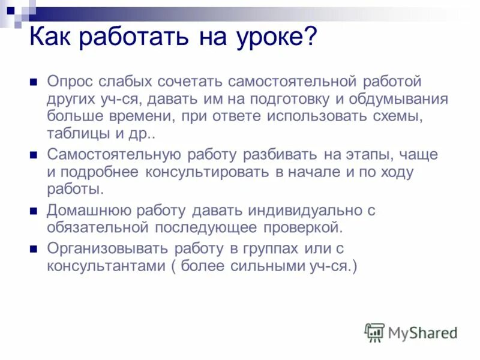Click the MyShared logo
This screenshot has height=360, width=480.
412,332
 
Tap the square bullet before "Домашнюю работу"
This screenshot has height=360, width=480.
34,211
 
